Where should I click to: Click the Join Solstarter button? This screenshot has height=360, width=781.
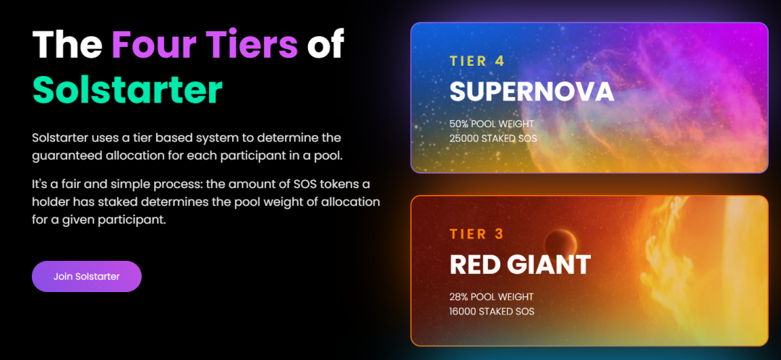[87, 276]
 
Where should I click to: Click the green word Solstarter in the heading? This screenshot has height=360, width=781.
[127, 89]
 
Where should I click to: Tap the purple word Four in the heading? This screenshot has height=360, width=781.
[153, 44]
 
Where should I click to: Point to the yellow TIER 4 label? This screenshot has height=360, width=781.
[477, 61]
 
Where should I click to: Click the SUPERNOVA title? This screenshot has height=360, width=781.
[532, 92]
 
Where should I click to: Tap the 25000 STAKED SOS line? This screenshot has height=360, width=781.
[493, 138]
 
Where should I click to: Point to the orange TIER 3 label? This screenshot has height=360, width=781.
[477, 234]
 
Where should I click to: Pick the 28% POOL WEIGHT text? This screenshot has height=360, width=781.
[492, 297]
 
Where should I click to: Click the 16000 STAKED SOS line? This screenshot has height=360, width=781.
[492, 312]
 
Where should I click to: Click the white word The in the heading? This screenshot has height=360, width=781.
[67, 44]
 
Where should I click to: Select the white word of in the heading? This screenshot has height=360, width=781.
[325, 44]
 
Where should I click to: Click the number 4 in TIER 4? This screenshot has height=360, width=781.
[500, 61]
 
